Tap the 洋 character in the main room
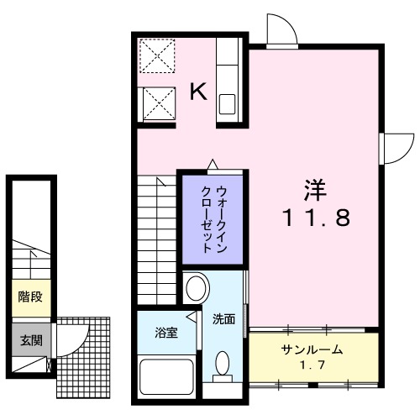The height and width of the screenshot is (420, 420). tap(313, 189)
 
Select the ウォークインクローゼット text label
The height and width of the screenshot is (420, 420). tap(214, 218)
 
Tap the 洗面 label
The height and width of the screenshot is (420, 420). tap(223, 320)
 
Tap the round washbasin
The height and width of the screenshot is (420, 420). tap(196, 288)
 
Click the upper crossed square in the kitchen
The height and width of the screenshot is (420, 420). tap(156, 57)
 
